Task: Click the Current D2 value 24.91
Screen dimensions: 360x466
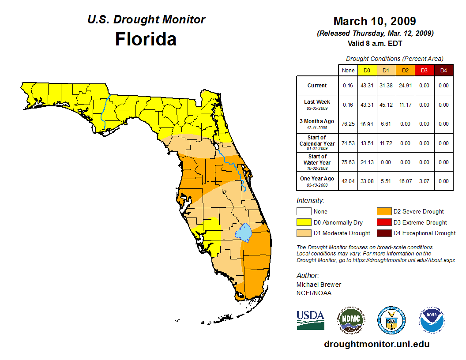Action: [405, 86]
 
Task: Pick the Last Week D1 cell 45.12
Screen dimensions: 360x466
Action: [386, 105]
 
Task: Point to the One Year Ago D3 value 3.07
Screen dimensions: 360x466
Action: [424, 181]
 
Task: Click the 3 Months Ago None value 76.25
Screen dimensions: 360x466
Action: [348, 124]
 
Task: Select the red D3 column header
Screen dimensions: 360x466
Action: [424, 70]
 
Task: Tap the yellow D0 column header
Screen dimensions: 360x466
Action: [367, 70]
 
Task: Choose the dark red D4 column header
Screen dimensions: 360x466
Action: [443, 70]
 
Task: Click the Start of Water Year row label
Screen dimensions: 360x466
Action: [317, 162]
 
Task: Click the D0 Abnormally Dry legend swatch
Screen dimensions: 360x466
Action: [304, 222]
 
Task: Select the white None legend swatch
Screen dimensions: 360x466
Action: [304, 212]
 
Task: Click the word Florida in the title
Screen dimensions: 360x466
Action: [146, 39]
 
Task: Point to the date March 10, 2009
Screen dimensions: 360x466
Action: [374, 21]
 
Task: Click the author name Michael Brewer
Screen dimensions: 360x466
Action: [319, 285]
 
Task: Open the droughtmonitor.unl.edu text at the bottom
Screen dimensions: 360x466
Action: [376, 344]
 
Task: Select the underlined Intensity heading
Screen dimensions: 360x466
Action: [310, 201]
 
